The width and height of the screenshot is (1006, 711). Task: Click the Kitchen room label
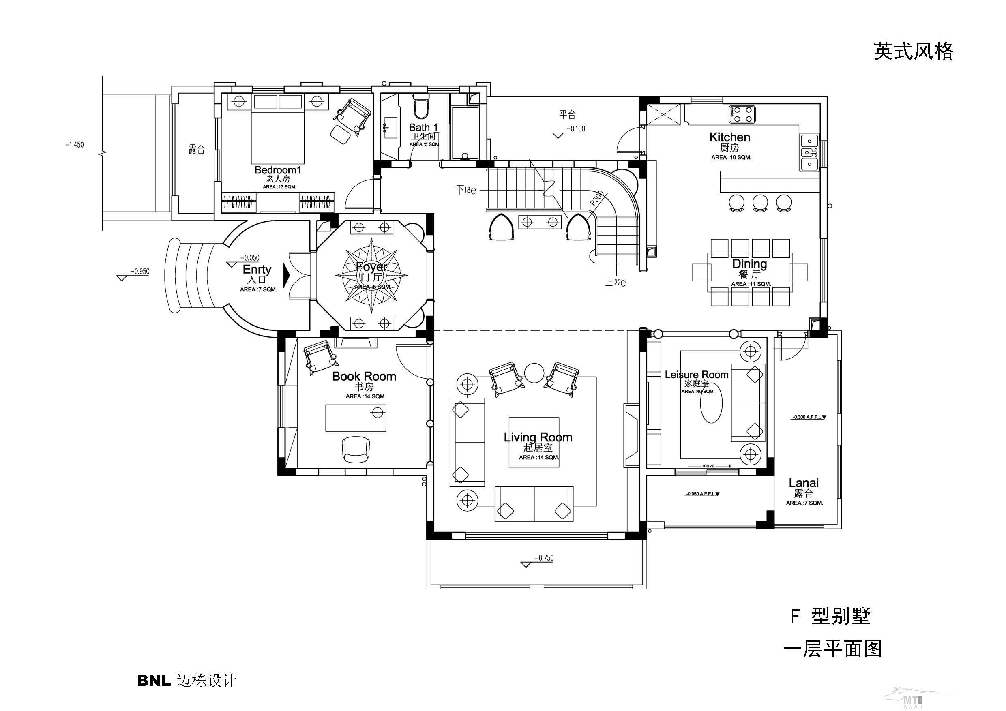pyautogui.click(x=729, y=137)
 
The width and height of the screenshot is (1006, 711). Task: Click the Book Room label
pyautogui.click(x=364, y=376)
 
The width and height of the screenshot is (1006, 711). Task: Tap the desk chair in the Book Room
pyautogui.click(x=355, y=449)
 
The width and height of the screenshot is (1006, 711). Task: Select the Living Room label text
pyautogui.click(x=538, y=437)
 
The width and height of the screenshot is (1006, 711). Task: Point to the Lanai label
pyautogui.click(x=804, y=483)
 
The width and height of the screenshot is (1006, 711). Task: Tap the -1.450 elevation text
pyautogui.click(x=75, y=145)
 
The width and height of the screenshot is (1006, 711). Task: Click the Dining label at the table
pyautogui.click(x=750, y=264)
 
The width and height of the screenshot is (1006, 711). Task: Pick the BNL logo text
pyautogui.click(x=154, y=680)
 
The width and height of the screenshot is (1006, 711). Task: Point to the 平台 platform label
pyautogui.click(x=567, y=115)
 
